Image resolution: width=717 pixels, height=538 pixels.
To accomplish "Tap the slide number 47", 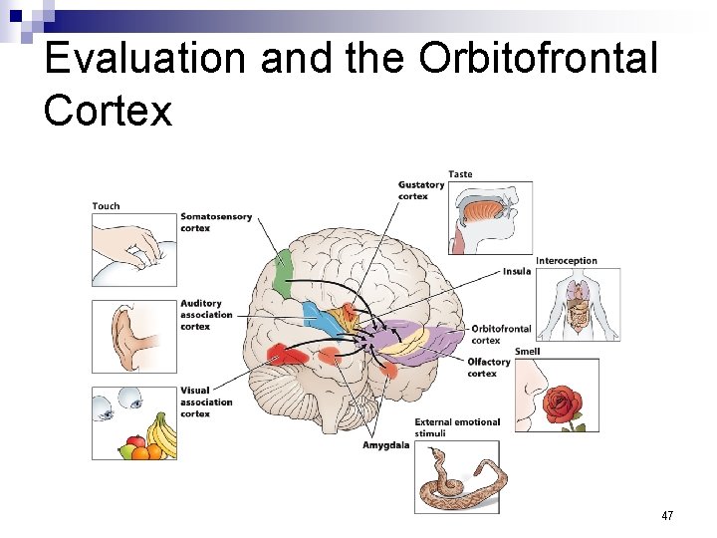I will tap(666, 516).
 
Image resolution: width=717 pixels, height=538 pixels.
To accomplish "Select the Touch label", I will tap(106, 206).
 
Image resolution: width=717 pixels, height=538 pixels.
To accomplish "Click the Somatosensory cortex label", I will tap(216, 222).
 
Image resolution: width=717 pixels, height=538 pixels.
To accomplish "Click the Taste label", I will tap(460, 174).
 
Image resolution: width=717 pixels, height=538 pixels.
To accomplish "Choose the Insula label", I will tap(517, 271).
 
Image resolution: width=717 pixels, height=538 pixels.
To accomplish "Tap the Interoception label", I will tap(567, 261).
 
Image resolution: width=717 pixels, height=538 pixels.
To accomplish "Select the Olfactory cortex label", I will tap(489, 368).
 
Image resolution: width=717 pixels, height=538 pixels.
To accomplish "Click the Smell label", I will tap(528, 352).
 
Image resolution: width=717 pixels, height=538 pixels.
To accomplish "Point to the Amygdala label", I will tap(385, 445).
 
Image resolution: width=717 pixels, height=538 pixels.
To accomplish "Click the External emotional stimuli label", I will tap(457, 427).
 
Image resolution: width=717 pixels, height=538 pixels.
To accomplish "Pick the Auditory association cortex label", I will tap(206, 315).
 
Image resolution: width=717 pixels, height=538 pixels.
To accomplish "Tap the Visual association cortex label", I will tap(206, 402).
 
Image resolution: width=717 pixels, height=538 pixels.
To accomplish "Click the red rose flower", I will tap(566, 403).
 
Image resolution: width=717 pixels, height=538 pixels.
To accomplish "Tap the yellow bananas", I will tap(161, 435).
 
